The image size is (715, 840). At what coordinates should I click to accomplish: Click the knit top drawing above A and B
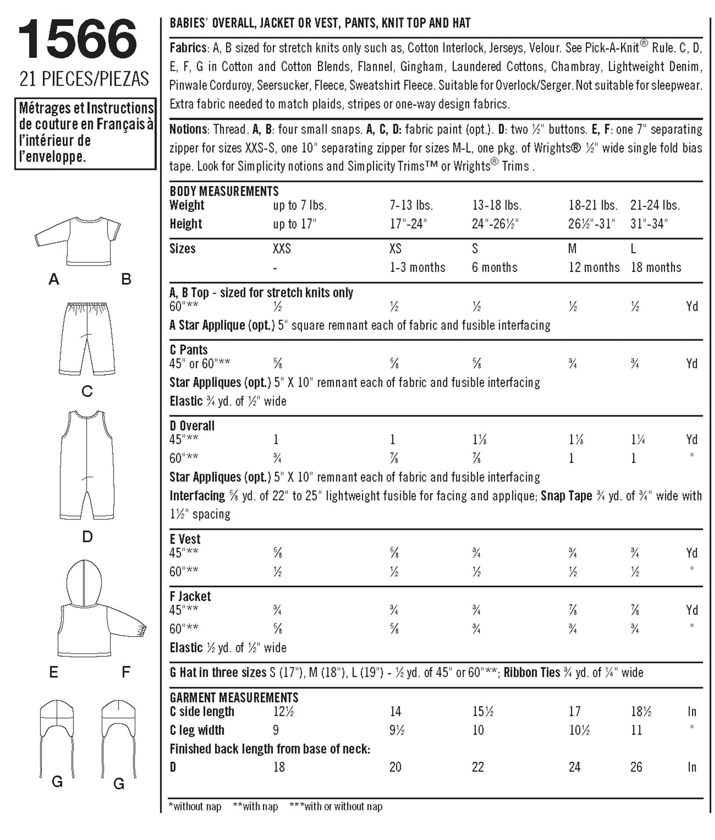point(78,241)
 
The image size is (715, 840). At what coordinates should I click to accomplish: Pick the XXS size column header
point(282,249)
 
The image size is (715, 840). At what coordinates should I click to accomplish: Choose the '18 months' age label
point(656,268)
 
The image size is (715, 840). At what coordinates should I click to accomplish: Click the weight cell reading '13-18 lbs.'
point(497,205)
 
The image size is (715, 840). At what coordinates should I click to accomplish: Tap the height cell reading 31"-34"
point(649,224)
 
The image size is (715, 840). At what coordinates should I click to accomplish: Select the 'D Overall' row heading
point(192,426)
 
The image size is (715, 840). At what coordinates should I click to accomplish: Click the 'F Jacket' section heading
point(190,596)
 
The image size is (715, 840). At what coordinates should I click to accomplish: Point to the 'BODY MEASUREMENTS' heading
point(224,191)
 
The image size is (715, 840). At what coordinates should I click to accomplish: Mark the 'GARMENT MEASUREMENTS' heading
point(234,697)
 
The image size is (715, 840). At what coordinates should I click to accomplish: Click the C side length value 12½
point(283,711)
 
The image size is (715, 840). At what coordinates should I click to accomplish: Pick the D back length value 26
point(636,767)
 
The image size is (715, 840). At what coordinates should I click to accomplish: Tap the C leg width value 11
point(636,730)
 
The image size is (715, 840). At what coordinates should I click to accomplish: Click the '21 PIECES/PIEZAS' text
point(84,79)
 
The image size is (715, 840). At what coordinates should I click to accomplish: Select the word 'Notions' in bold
point(188,129)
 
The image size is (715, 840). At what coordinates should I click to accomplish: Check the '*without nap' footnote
point(195,806)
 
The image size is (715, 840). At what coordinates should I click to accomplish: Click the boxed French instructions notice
point(86,133)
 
